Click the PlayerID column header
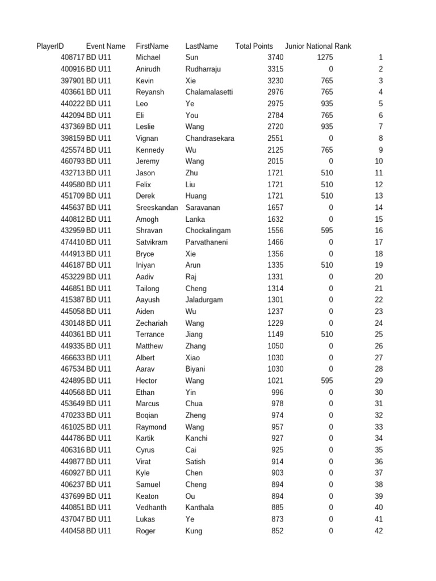point(50,46)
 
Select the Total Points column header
point(254,46)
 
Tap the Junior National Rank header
point(318,46)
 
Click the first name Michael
point(148,57)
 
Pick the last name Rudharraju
point(203,69)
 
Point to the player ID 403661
point(73,92)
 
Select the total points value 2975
point(275,104)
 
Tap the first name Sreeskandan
point(157,208)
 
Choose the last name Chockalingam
point(208,230)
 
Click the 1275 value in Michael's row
point(325,57)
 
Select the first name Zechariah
point(152,323)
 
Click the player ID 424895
point(73,381)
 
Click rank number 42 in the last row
point(379,531)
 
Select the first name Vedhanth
point(151,507)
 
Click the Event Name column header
point(106,46)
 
